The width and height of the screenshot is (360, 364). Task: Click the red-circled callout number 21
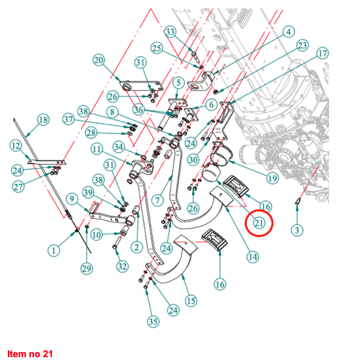(x=259, y=223)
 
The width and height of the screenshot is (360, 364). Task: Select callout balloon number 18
(x=43, y=120)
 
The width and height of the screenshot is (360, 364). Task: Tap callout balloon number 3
(x=298, y=230)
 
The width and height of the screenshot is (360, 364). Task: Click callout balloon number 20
(x=99, y=60)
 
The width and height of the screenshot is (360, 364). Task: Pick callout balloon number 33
(x=170, y=32)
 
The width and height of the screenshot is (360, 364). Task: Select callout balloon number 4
(x=288, y=32)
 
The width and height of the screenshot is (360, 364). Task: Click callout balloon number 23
(x=302, y=46)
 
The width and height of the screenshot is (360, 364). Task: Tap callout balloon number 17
(x=322, y=53)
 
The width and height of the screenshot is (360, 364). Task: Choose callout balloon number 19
(x=272, y=178)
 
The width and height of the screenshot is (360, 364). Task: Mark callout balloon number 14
(x=253, y=257)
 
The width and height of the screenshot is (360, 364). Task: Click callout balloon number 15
(x=191, y=301)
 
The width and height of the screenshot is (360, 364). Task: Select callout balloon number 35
(x=152, y=322)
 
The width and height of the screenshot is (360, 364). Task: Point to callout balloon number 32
(x=122, y=266)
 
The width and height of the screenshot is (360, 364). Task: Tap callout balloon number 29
(x=86, y=269)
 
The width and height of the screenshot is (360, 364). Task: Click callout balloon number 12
(x=16, y=145)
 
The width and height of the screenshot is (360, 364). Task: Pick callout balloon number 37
(x=69, y=119)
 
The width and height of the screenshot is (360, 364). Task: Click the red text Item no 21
(x=30, y=354)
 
